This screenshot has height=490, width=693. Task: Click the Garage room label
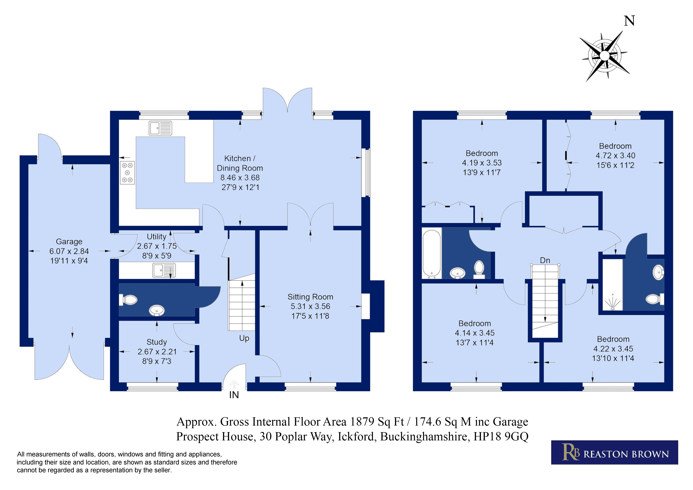pos(69,242)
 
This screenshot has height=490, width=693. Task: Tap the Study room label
pos(157,342)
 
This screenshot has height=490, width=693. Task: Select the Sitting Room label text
pos(310,297)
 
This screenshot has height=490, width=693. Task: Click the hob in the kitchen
pos(127,173)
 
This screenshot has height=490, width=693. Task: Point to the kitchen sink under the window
pos(160,128)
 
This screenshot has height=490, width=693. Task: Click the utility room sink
pos(164,270)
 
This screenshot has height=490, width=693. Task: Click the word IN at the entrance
pos(234,395)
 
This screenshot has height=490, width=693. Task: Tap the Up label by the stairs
pos(244,338)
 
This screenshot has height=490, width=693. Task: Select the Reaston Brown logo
pos(615,452)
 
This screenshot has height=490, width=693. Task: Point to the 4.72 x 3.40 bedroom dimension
pos(615,156)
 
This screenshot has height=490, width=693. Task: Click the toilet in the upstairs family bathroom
pos(479,269)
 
